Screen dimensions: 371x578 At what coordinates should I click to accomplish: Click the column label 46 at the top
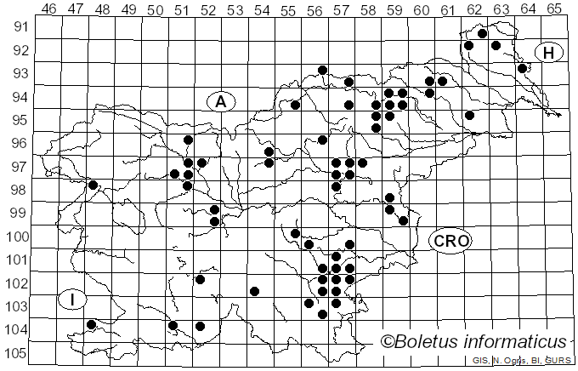[49, 9]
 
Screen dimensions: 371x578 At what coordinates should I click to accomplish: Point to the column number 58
[369, 9]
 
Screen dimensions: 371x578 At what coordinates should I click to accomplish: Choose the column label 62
[475, 9]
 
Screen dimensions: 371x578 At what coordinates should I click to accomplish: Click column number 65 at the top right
[555, 9]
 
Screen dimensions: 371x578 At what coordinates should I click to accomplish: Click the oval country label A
[220, 102]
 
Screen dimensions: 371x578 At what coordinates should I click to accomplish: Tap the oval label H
[548, 53]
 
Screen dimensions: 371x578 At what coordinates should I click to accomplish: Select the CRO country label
[450, 241]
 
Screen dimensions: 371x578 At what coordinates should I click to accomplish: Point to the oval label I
[74, 300]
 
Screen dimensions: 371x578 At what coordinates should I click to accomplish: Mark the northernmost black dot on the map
[482, 34]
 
